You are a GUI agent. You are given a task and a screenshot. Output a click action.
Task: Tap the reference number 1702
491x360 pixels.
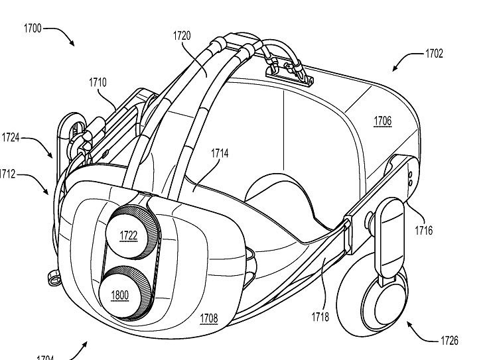(434, 54)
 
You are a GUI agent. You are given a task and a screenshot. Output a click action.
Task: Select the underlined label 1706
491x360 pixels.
(382, 121)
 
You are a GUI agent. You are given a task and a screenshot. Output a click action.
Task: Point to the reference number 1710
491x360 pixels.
(97, 83)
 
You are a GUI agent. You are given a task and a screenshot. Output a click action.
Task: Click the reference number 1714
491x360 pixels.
(220, 154)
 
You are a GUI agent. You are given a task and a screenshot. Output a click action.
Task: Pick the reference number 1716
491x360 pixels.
(423, 230)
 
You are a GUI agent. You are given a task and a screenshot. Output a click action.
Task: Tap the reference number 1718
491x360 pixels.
(320, 317)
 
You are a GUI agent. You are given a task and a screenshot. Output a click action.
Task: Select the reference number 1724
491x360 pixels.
(11, 138)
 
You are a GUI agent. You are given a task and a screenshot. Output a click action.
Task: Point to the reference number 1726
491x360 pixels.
(449, 341)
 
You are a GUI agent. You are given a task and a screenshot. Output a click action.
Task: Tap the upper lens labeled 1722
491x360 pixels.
(128, 235)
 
